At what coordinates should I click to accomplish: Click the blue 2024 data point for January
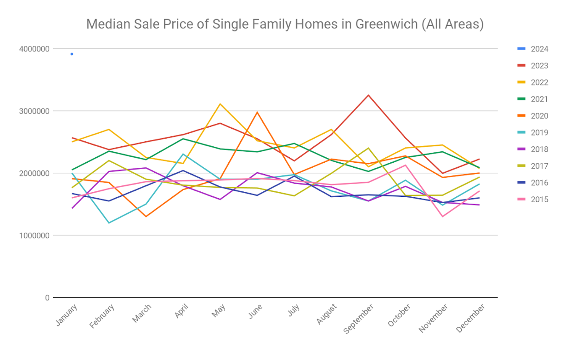[x=72, y=54]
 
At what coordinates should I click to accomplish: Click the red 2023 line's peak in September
[x=368, y=95]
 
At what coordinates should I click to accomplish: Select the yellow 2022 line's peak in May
[x=220, y=104]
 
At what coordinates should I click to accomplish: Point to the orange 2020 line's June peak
[x=257, y=112]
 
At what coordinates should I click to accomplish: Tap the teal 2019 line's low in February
[x=109, y=223]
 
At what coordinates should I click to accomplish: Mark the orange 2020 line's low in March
[x=146, y=216]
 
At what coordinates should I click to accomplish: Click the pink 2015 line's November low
[x=443, y=216]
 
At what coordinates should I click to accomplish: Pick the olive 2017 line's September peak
[x=368, y=148]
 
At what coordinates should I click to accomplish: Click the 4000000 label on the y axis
[x=34, y=49]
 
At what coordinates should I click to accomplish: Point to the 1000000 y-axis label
[x=34, y=235]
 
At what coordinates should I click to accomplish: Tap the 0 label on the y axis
[x=47, y=298]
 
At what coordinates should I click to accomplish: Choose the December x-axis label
[x=471, y=318]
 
